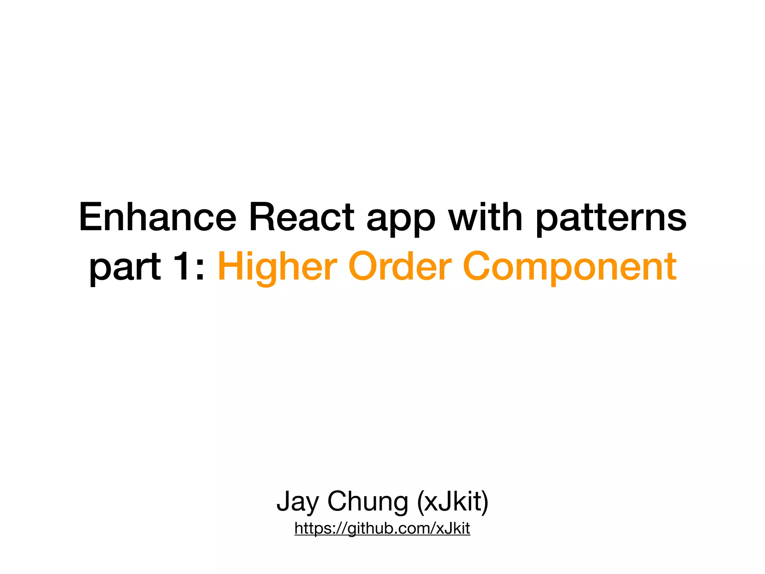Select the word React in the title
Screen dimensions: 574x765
pyautogui.click(x=301, y=217)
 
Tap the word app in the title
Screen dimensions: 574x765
pyautogui.click(x=401, y=220)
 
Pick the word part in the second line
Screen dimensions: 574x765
pyautogui.click(x=125, y=269)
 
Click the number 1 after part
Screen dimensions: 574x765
pyautogui.click(x=183, y=266)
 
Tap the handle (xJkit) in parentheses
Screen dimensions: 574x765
pyautogui.click(x=452, y=502)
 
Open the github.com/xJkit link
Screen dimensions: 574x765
pyautogui.click(x=382, y=528)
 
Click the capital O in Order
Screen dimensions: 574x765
pyautogui.click(x=363, y=266)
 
